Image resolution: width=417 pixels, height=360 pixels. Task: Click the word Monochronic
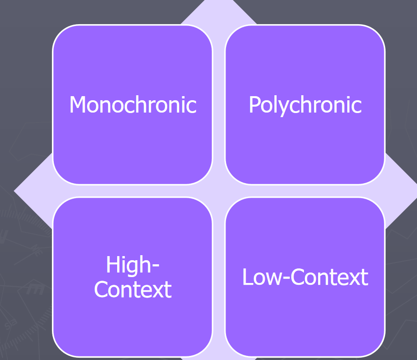click(x=133, y=104)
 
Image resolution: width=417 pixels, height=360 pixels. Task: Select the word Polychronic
click(x=305, y=105)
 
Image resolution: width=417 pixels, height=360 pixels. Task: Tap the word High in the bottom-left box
click(x=129, y=266)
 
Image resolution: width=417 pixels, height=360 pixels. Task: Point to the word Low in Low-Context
click(x=262, y=277)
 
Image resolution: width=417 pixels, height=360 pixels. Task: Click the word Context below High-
click(x=133, y=289)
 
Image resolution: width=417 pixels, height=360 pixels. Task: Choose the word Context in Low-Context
click(x=329, y=277)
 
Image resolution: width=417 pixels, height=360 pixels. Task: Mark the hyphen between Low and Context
click(x=286, y=278)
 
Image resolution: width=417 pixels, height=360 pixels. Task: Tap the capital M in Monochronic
click(x=77, y=104)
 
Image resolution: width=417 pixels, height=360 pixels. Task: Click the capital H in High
click(x=113, y=264)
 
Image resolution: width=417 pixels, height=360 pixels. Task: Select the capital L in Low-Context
click(x=247, y=277)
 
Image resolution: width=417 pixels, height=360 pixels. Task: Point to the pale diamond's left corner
click(x=14, y=190)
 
